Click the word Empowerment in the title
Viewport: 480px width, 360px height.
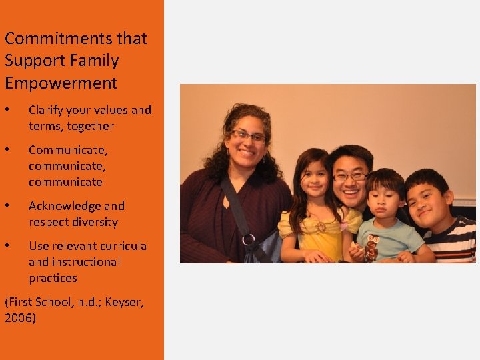(x=61, y=83)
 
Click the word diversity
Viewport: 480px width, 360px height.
(x=94, y=222)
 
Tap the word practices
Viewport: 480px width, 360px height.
(x=53, y=278)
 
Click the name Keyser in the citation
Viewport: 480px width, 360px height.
(x=123, y=302)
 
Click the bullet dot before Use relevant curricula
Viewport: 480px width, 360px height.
(x=7, y=246)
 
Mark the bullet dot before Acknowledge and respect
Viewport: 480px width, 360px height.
(x=7, y=206)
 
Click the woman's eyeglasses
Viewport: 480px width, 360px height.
(x=248, y=136)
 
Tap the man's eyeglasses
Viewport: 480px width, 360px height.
(x=350, y=177)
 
